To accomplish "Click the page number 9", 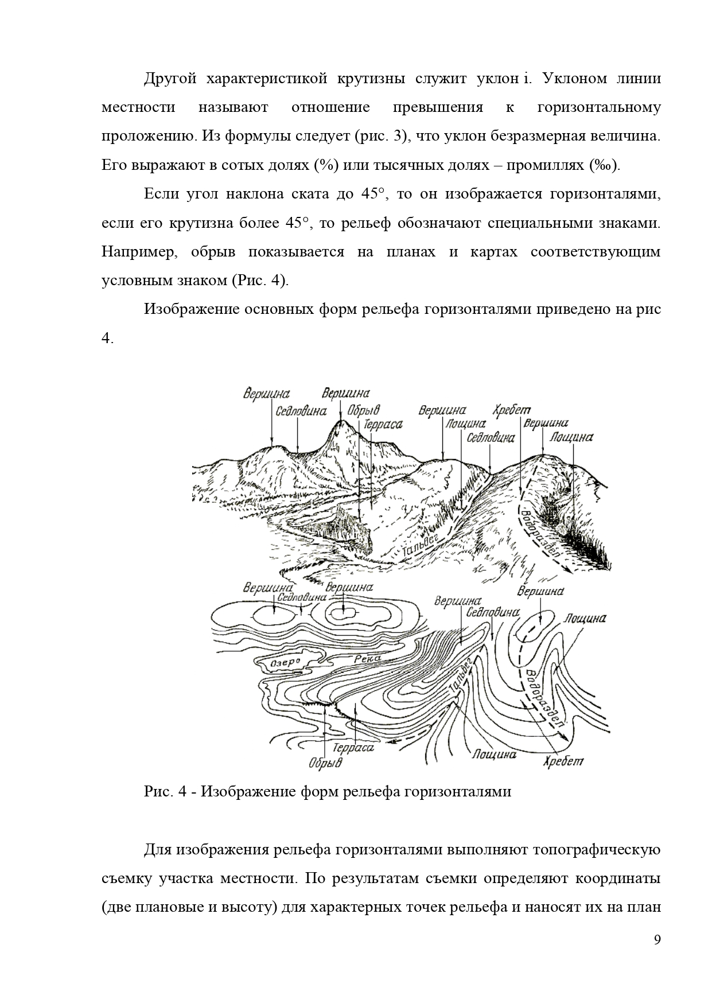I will [657, 939].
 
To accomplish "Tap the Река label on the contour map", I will [367, 659].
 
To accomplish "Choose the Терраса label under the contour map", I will [353, 748].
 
